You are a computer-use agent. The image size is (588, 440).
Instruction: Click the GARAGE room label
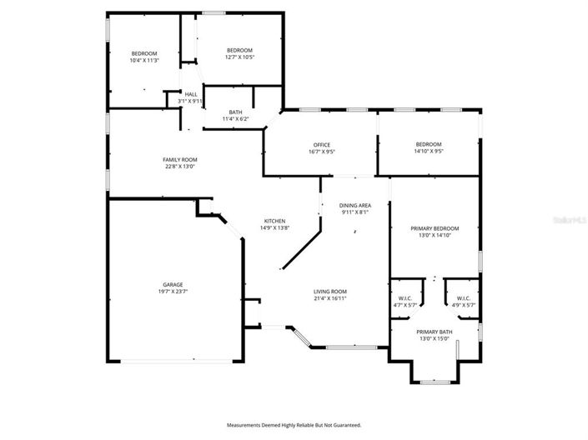coord(173,284)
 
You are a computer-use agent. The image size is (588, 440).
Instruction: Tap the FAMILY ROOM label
coord(179,159)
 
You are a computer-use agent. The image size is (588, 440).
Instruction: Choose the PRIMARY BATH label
coord(434,332)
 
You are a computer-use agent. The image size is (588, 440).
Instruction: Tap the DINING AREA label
coord(354,205)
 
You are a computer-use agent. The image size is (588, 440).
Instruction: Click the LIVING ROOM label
coord(329,291)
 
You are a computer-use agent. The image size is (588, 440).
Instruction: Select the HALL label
coord(191,94)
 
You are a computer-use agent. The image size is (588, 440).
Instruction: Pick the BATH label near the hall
coord(236,112)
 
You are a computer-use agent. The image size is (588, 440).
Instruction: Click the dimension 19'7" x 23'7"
coord(173,292)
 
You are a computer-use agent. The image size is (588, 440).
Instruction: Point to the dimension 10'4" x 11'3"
coord(143,60)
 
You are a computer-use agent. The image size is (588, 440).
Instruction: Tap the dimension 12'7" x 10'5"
coord(240,57)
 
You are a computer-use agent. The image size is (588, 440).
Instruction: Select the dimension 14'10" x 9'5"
coord(429,152)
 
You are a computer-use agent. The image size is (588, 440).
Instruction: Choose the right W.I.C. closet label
coord(463,298)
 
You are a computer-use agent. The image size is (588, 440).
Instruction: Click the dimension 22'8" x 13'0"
coord(179,167)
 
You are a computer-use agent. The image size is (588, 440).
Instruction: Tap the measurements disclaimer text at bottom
coord(294,424)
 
